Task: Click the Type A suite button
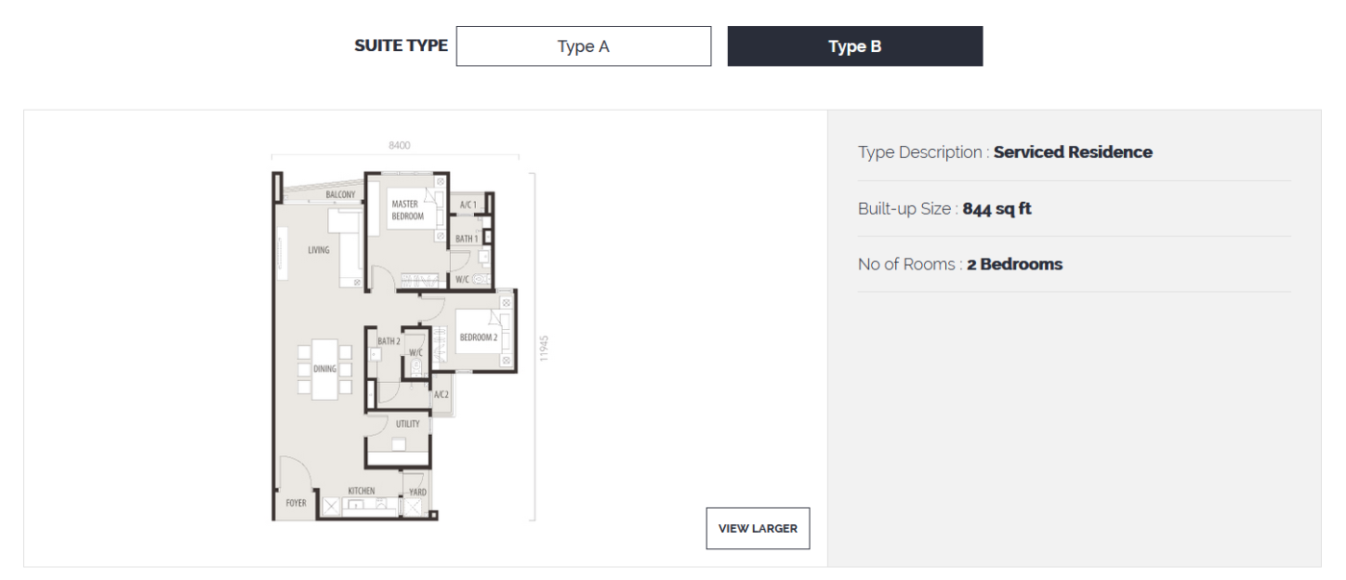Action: point(583,46)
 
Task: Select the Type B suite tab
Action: point(855,46)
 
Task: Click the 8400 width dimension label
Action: point(400,145)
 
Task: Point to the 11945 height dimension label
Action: point(544,348)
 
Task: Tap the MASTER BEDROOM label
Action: point(408,211)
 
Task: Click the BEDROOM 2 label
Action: point(479,338)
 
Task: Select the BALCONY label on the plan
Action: point(340,194)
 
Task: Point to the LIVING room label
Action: point(318,250)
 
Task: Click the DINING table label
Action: point(325,369)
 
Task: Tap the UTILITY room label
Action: point(408,424)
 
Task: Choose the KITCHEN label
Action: point(361,491)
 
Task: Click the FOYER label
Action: point(296,503)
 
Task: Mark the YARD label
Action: point(417,492)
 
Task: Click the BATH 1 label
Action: point(466,239)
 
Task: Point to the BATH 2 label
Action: point(388,340)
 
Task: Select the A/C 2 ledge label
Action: point(441,395)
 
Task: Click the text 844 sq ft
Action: point(997,209)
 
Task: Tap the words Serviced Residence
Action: point(1073,152)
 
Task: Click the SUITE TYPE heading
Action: point(401,45)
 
